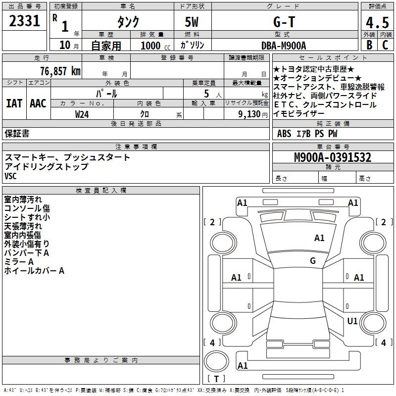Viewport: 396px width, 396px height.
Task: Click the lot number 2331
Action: point(25,21)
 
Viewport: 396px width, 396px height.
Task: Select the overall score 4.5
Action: point(377,23)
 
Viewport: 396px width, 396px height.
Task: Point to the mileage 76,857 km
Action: point(58,71)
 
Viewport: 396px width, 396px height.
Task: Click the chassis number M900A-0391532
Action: point(333,158)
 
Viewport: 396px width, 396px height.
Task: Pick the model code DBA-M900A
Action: point(284,46)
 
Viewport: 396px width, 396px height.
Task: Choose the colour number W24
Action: point(82,114)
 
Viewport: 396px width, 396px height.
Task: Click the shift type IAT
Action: point(14,103)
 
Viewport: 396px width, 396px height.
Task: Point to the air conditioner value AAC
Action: point(38,103)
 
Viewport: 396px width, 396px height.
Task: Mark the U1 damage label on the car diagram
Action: point(352,321)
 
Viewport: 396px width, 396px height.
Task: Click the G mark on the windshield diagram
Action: point(313,261)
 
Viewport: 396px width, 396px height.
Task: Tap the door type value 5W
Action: point(192,22)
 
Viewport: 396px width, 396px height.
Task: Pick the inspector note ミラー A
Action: point(19,261)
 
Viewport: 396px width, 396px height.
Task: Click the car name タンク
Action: point(128,22)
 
